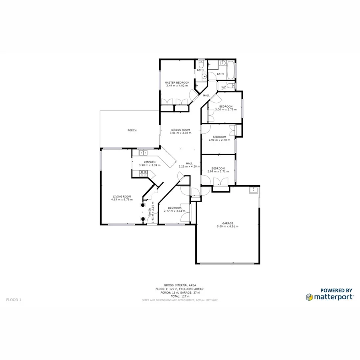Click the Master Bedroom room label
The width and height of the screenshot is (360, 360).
177,82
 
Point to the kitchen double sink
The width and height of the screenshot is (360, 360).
143,152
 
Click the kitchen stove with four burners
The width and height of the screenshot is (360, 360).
143,173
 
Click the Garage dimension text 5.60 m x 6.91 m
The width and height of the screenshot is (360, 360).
227,226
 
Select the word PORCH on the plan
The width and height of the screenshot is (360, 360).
132,130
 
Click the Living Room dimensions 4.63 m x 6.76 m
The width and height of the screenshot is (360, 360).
122,200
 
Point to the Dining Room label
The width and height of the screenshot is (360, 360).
180,130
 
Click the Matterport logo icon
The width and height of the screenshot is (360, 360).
309,297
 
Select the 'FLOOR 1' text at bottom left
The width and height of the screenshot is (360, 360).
14,299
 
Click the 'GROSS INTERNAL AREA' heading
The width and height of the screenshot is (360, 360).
180,285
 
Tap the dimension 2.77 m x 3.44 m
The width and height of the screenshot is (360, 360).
175,211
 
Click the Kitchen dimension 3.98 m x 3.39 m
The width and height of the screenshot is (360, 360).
150,165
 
